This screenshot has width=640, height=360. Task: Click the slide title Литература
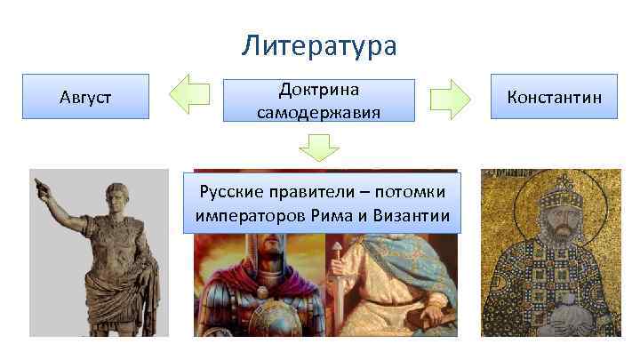(x=319, y=46)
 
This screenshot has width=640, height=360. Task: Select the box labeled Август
(x=85, y=97)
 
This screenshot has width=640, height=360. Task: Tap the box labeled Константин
(x=555, y=96)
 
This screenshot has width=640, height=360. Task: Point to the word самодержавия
(x=318, y=112)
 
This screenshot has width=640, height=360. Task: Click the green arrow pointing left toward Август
(x=188, y=96)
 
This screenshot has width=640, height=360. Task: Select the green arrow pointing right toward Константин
(x=450, y=98)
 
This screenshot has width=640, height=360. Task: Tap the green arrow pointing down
(x=319, y=146)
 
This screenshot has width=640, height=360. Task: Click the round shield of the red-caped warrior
(x=258, y=316)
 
